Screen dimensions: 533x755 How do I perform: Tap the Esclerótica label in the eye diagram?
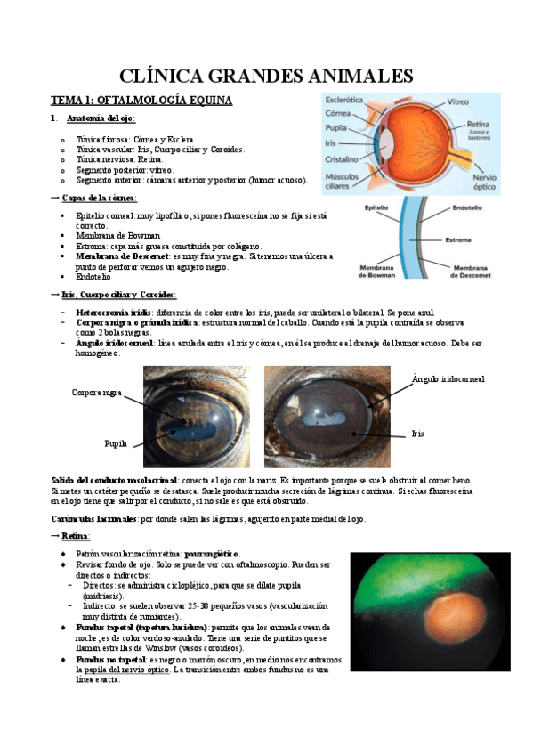(x=344, y=101)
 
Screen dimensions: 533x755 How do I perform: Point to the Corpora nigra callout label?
(x=96, y=392)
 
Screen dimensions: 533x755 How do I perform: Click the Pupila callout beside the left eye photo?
(x=117, y=442)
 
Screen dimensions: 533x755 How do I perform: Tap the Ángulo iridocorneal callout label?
(x=448, y=379)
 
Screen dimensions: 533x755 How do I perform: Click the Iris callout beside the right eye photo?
(x=417, y=434)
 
